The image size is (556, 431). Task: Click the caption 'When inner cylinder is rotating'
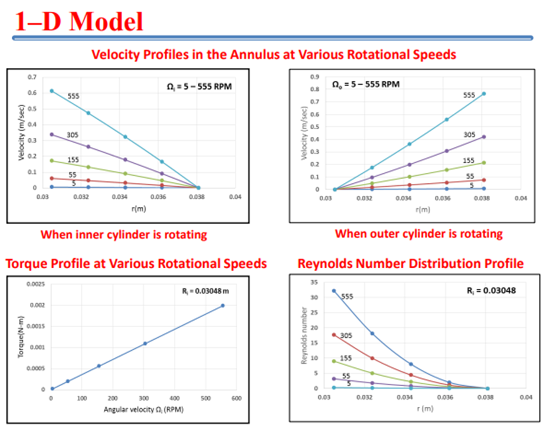tap(124, 235)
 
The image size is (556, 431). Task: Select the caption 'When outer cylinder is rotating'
tap(418, 233)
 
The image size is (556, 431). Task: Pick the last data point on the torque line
tap(223, 305)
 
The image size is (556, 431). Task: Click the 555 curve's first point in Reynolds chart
tap(334, 291)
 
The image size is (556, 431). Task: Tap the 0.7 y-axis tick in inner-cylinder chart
tap(31, 77)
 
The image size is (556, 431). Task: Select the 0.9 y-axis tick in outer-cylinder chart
tap(315, 77)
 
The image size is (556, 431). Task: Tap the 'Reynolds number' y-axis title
tap(305, 334)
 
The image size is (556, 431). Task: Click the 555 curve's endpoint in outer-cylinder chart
tap(484, 94)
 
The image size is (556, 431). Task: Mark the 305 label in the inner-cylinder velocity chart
tap(73, 135)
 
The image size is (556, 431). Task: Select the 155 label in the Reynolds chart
tap(346, 358)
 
